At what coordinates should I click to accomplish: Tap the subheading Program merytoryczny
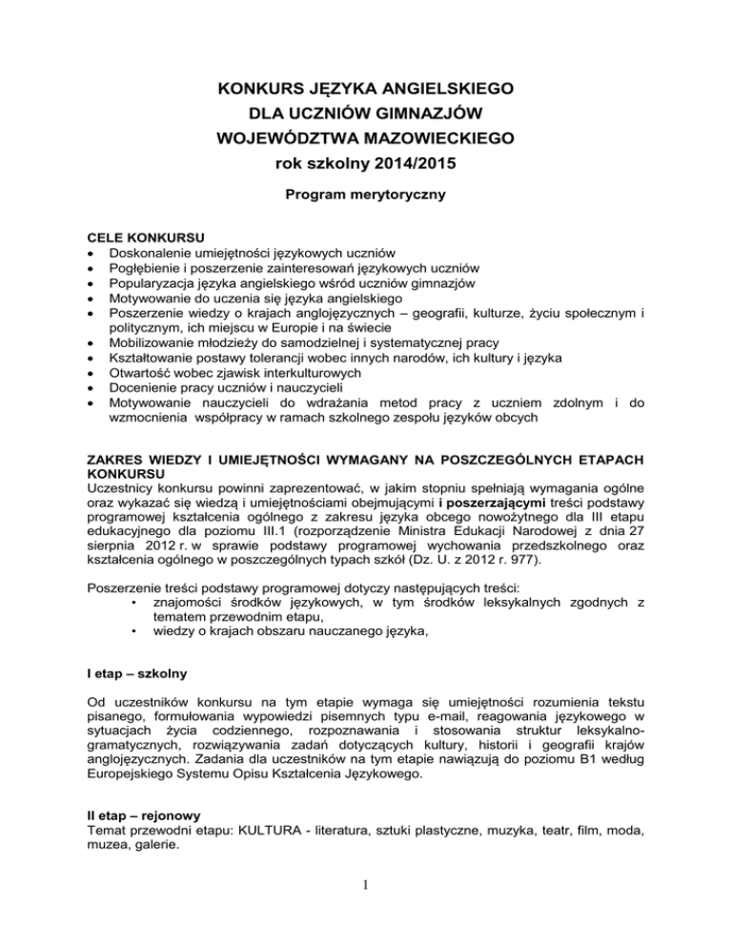[x=366, y=203]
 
